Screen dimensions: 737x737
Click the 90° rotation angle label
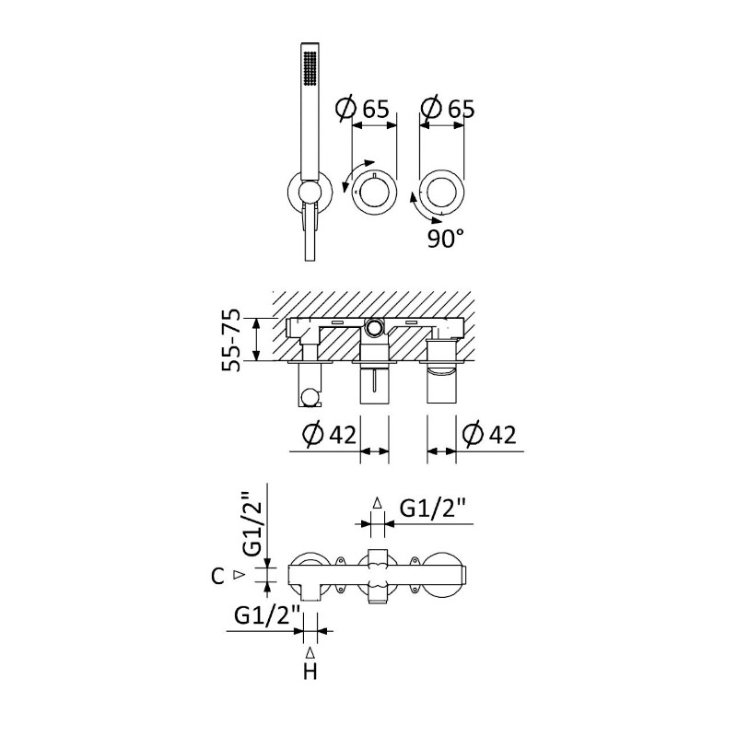coord(446,240)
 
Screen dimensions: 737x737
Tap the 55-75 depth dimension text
coord(231,340)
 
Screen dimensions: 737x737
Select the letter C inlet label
coord(217,577)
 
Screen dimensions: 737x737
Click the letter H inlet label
coord(310,673)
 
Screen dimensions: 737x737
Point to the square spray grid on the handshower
coord(310,68)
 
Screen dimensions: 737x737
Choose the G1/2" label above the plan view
coord(433,509)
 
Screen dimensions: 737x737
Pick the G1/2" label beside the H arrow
coord(267,615)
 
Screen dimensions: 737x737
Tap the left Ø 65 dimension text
coord(362,109)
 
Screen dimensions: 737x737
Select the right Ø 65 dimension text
coord(448,109)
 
